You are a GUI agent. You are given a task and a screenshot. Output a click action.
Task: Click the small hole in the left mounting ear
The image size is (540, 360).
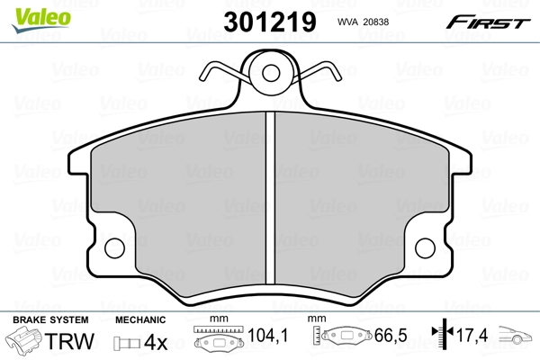[113, 245]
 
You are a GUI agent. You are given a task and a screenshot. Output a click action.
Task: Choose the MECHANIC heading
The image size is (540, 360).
[140, 320]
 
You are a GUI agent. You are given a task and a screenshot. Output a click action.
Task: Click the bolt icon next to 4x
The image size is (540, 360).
[125, 343]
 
